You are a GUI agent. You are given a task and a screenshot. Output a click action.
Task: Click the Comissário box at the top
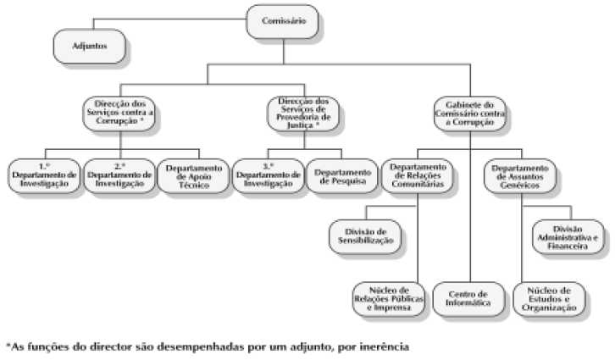[286, 18]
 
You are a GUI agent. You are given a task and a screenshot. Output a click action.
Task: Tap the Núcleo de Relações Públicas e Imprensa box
[391, 298]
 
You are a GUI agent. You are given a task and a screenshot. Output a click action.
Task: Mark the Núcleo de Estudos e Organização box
[547, 298]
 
